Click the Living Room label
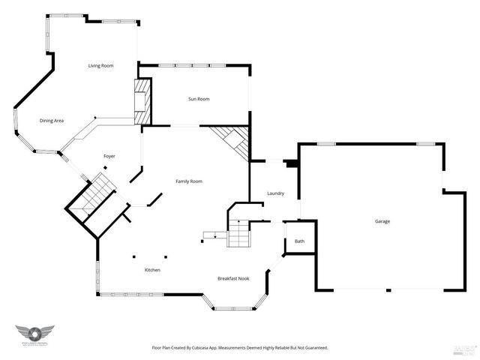[100, 66]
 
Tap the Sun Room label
[198, 99]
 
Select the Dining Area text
[52, 121]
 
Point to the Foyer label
[109, 156]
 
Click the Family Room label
[189, 181]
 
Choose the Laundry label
[275, 193]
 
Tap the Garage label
[382, 221]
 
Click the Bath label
[299, 241]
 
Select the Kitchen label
[152, 270]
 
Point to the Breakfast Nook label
[233, 278]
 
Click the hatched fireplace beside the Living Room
[142, 101]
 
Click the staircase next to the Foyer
[94, 196]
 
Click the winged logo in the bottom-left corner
[34, 334]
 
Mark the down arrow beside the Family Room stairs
[216, 236]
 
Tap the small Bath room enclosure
[298, 238]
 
